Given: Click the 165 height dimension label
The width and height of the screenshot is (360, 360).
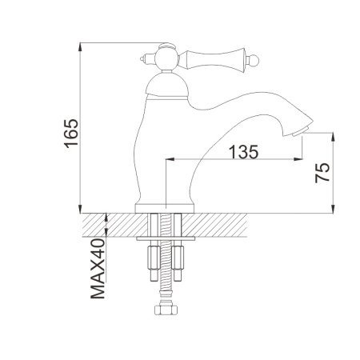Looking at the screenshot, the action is [71, 134].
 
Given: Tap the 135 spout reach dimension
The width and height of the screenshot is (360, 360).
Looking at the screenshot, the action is [244, 152].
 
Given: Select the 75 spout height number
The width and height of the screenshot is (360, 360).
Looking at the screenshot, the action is [322, 173].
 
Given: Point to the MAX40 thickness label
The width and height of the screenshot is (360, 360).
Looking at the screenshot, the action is [98, 269].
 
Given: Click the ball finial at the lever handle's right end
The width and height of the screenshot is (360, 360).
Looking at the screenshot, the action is [253, 61].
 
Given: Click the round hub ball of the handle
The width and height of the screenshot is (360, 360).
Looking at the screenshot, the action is [166, 58].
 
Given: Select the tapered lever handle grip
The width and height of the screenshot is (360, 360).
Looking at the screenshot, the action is [213, 61].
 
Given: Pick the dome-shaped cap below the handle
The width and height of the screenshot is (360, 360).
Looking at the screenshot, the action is [167, 85].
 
